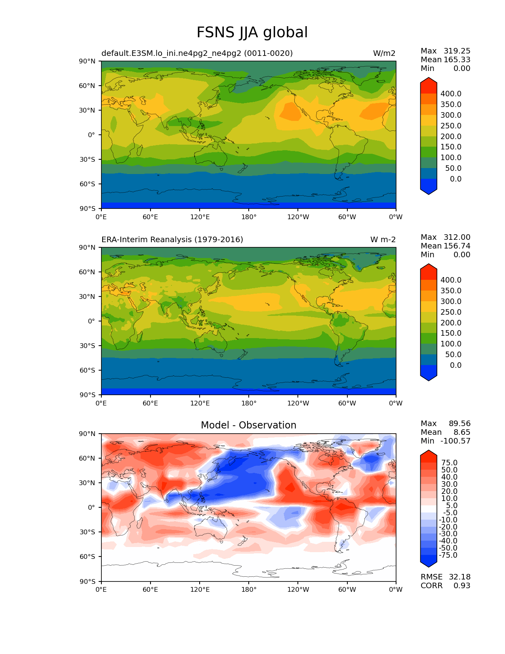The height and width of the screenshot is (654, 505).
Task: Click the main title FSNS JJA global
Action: pos(252,33)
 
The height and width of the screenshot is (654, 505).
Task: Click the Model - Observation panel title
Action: pos(248,425)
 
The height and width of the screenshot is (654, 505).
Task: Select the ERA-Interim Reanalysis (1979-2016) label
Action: pos(172,240)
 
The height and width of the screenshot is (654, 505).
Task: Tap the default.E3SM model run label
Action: pos(197,54)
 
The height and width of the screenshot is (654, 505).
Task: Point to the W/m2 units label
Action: pos(384,54)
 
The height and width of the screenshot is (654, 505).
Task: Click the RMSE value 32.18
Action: pos(459,577)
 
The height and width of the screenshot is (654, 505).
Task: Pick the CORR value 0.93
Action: pos(462,585)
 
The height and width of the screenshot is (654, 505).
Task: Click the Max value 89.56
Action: pos(459,424)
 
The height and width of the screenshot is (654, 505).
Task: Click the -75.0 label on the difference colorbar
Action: pos(448,555)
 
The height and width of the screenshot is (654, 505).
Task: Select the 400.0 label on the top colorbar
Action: pos(451,94)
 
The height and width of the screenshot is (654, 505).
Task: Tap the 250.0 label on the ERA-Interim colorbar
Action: pos(451,312)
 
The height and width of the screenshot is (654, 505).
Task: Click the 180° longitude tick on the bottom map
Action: pos(249,590)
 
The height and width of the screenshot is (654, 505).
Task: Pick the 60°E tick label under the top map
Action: pos(150,217)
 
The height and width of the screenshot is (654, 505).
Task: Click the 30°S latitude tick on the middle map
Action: pos(88,346)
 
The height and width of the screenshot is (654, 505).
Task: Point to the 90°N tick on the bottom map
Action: pos(88,434)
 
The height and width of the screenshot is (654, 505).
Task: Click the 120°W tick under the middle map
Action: pos(298,403)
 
